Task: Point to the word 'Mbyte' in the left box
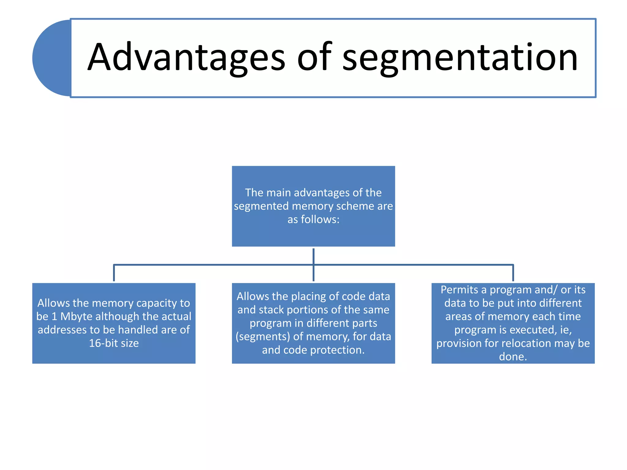click(76, 316)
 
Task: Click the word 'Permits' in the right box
click(459, 289)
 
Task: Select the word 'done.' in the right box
click(513, 357)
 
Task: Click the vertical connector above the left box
click(114, 273)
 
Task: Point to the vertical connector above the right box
click(513, 273)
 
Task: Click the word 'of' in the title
click(314, 58)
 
